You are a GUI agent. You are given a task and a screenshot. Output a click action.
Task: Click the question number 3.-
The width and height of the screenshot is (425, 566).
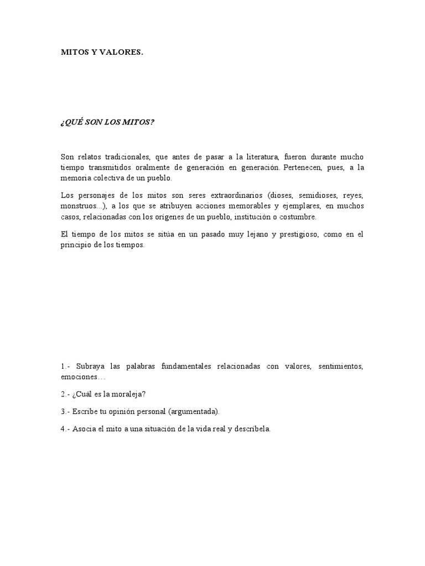coord(65,411)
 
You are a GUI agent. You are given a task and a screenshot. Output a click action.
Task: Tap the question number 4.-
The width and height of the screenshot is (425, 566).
coord(65,429)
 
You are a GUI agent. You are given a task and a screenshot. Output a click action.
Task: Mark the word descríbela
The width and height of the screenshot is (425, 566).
coord(251,429)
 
